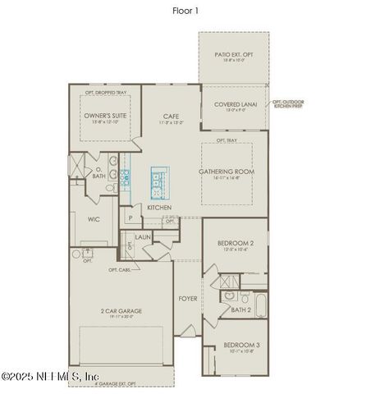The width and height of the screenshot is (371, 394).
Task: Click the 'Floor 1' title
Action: [185, 11]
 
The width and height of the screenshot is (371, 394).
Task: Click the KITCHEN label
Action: [158, 208]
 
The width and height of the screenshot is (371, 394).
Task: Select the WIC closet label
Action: [94, 219]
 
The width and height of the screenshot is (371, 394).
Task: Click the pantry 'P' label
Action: [130, 218]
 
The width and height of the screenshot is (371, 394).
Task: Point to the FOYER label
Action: [188, 299]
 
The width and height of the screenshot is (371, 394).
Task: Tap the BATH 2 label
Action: [240, 310]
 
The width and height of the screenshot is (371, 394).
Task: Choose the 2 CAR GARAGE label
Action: [121, 311]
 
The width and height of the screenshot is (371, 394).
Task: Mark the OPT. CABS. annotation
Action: [119, 270]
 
